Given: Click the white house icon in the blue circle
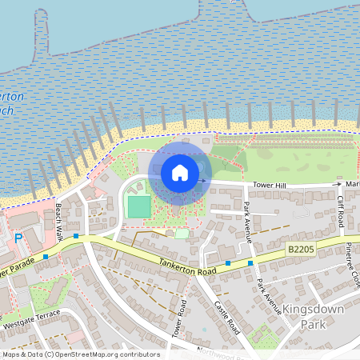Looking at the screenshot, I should tap(180, 173).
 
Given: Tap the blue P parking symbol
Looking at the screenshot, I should tap(18, 238).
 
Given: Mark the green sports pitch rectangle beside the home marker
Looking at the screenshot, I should tap(139, 206).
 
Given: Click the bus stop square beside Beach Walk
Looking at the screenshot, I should tap(76, 236).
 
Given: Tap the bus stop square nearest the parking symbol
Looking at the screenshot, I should tap(46, 256).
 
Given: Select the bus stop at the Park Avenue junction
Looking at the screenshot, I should tap(250, 262).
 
